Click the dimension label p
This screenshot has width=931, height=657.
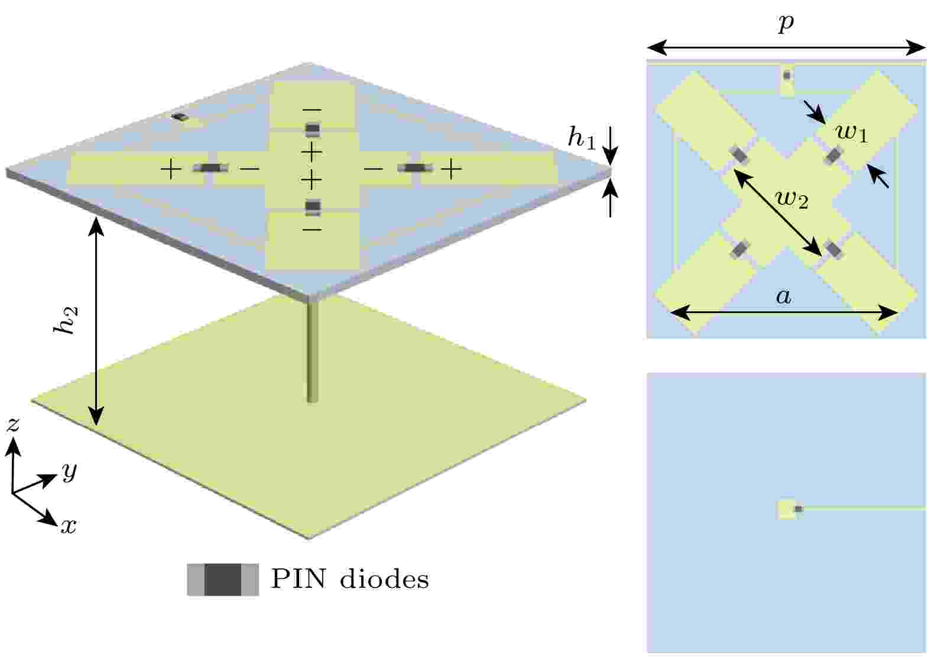pyautogui.click(x=786, y=24)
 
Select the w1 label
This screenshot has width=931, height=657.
pyautogui.click(x=852, y=134)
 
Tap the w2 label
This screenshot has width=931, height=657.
pyautogui.click(x=792, y=199)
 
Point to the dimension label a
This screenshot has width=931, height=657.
pyautogui.click(x=783, y=297)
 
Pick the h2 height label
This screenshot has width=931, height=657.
pyautogui.click(x=66, y=321)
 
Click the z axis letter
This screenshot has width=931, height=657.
pyautogui.click(x=13, y=424)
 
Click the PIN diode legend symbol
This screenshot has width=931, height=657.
pyautogui.click(x=223, y=580)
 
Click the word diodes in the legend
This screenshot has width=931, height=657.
pyautogui.click(x=384, y=579)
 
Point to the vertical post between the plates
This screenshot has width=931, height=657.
pyautogui.click(x=312, y=351)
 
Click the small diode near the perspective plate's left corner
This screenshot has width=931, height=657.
pyautogui.click(x=180, y=117)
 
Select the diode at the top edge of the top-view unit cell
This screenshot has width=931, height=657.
pyautogui.click(x=787, y=76)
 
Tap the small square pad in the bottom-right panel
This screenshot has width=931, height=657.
pyautogui.click(x=786, y=509)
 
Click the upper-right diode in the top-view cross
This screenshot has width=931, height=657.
pyautogui.click(x=833, y=156)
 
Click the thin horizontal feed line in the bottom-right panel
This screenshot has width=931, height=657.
pyautogui.click(x=864, y=508)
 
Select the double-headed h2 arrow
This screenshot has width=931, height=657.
pyautogui.click(x=96, y=321)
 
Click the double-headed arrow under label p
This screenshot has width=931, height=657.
pyautogui.click(x=786, y=48)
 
